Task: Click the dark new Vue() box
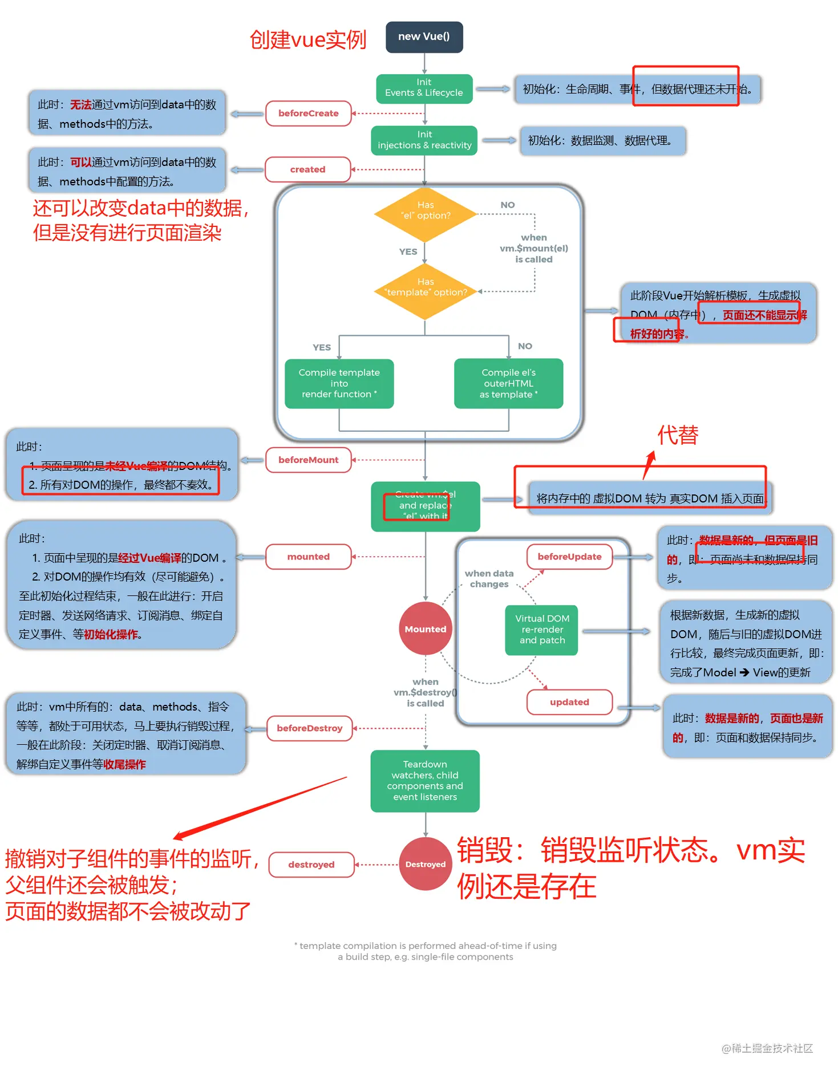424,37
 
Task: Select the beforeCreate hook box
308,113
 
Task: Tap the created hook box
307,169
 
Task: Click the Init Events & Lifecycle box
424,88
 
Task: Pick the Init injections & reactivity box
424,140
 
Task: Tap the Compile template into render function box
339,383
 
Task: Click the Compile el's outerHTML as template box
508,383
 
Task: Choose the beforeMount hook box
308,460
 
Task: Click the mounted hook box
308,557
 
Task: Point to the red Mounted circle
426,628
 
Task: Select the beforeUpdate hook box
569,557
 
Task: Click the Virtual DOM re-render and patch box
541,630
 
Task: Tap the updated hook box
569,702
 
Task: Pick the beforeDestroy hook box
309,728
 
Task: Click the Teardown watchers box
425,781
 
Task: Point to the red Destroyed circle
426,864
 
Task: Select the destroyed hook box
311,865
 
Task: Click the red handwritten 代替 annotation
678,435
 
